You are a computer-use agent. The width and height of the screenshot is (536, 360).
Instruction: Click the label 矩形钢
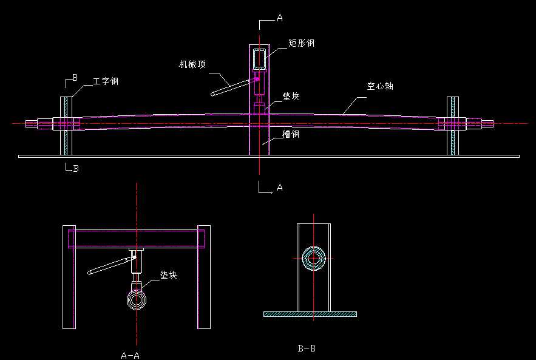302,44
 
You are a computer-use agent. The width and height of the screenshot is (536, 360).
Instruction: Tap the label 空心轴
380,86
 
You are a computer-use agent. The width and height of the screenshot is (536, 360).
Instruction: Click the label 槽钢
291,134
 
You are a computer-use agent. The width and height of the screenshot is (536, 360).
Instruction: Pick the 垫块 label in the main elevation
291,97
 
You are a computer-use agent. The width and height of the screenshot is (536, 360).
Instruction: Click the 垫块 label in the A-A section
168,275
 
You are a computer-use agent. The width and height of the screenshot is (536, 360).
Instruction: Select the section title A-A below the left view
131,355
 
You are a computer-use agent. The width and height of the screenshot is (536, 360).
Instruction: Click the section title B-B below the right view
307,348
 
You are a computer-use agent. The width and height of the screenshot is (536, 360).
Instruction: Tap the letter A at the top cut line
279,18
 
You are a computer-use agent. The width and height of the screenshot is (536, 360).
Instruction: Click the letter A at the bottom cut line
279,188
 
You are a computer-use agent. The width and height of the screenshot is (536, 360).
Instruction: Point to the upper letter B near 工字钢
75,78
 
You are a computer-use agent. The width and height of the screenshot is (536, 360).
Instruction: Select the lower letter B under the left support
75,169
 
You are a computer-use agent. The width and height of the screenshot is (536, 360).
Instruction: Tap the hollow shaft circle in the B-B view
314,258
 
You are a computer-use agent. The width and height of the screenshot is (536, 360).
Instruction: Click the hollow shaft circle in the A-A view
137,300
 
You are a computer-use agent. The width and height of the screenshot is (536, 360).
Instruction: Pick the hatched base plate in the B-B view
310,314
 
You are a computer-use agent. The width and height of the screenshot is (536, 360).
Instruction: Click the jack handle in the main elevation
230,86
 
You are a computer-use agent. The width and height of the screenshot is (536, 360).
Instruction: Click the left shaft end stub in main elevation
31,124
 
